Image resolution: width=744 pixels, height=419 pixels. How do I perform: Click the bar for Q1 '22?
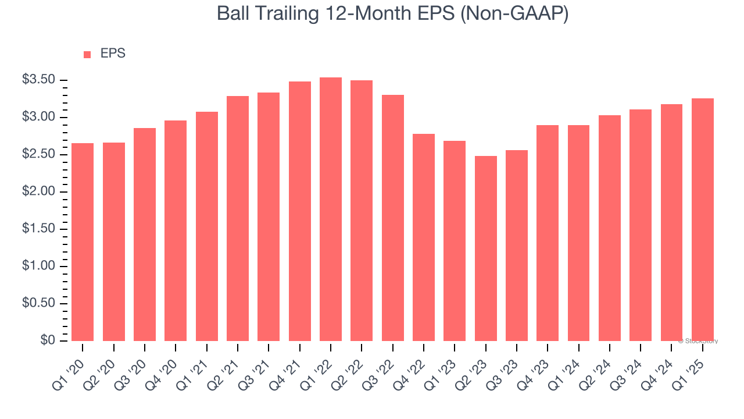331,210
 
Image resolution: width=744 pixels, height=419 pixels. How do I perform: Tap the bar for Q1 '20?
83,242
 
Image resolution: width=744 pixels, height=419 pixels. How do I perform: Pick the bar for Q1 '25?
703,220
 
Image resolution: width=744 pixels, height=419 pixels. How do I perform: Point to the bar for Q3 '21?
269,216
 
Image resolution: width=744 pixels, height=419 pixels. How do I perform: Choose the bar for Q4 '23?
548,233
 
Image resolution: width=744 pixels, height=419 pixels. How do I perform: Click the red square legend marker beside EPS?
87,54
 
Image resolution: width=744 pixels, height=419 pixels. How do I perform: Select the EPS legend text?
113,54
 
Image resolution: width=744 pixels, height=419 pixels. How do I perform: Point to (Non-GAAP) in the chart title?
514,14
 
